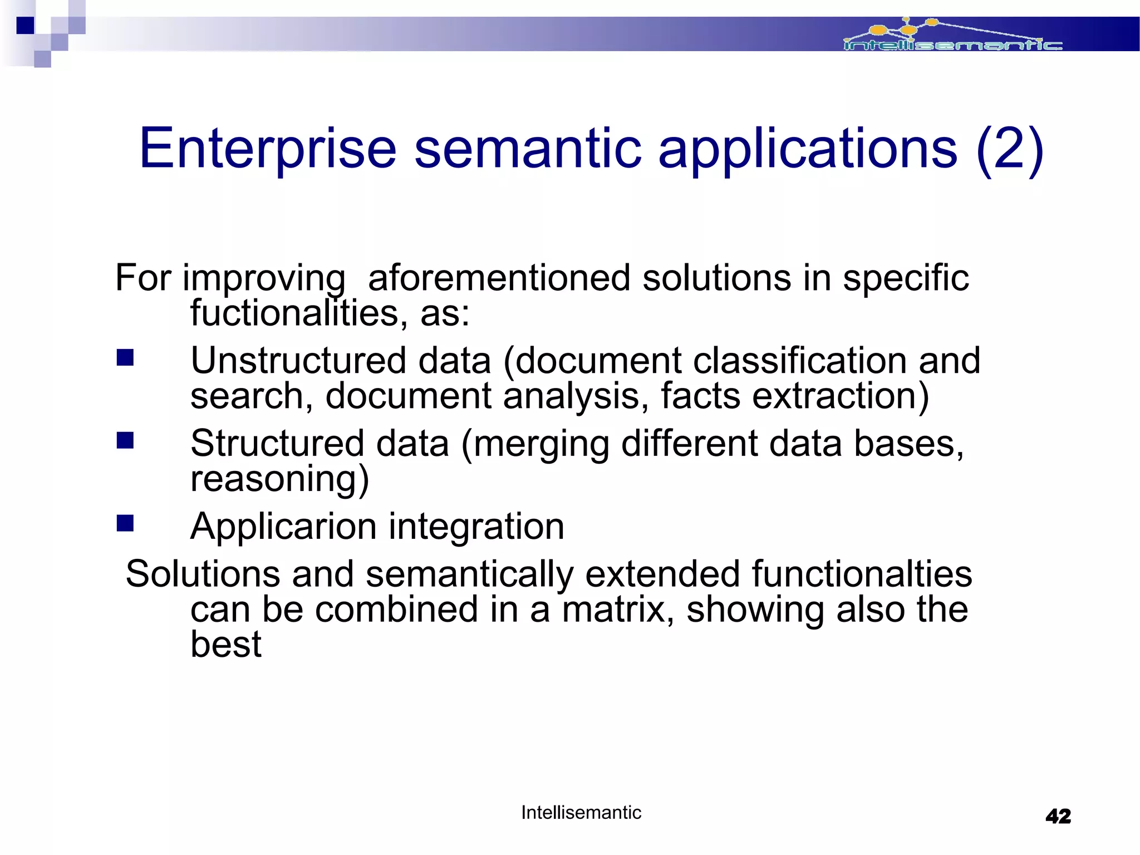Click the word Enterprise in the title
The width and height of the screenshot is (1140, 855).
coord(267,149)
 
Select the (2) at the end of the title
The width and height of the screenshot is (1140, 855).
coord(1009,149)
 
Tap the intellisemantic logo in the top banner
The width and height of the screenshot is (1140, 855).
coord(952,37)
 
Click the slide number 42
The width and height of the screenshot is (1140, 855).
coord(1058,817)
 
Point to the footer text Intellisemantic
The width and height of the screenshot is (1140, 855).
coord(581,813)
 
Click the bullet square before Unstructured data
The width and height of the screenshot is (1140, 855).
coord(125,357)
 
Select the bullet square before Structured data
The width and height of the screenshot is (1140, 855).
coord(125,440)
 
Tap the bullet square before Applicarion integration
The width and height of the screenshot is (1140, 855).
coord(125,523)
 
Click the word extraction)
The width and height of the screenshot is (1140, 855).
coord(840,396)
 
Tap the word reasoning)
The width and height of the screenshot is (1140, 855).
coord(279,479)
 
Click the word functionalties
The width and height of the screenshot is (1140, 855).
coord(862,574)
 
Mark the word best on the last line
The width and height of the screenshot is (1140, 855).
coord(225,645)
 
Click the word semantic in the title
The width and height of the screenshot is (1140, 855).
coord(528,149)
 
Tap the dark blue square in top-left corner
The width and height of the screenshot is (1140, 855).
coord(25,25)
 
